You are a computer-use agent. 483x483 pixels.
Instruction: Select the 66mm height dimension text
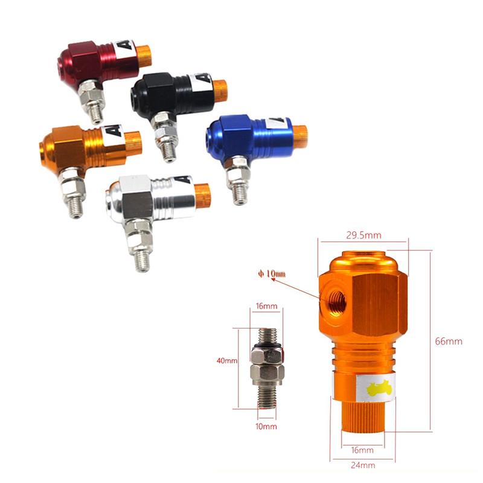coord(448,341)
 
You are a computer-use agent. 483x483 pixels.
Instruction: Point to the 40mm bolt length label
coord(227,360)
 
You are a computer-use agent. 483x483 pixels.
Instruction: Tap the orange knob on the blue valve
coord(299,132)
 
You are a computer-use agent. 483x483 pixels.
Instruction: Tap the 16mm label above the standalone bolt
coord(266,307)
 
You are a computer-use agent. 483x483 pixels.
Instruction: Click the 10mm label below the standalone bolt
coord(266,426)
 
